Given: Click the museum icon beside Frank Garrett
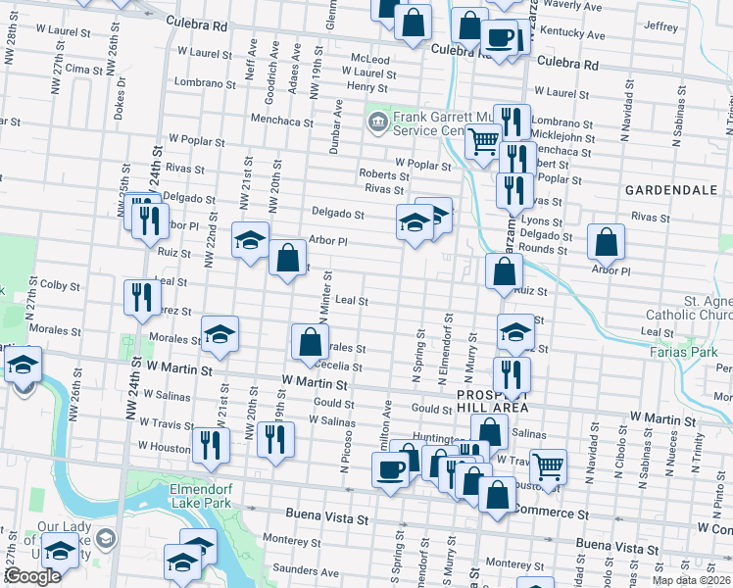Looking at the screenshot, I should (x=376, y=122).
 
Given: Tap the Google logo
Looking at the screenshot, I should (x=31, y=576).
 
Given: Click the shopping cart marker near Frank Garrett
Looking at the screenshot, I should (x=482, y=143).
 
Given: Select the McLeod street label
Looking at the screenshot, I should (x=369, y=59).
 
